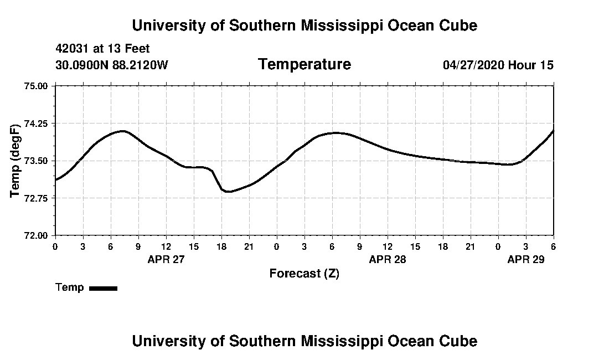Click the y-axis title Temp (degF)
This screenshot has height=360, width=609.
[16, 161]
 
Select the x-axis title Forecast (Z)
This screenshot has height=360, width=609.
[304, 274]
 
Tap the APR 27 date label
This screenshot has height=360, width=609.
[166, 259]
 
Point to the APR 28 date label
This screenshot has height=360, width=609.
[388, 259]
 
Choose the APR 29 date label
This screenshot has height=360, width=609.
[526, 259]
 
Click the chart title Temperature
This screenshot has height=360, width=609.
[304, 65]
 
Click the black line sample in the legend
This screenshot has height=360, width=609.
[103, 288]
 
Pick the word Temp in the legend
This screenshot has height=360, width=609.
[70, 287]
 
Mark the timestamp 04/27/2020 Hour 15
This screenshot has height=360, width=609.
[498, 65]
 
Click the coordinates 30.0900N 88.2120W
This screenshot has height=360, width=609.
[112, 65]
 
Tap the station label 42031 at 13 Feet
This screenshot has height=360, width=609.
[102, 49]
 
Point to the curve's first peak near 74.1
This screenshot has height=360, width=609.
[123, 131]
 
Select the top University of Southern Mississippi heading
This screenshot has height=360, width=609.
[304, 25]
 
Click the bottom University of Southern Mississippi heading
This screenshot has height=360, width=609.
[304, 341]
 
